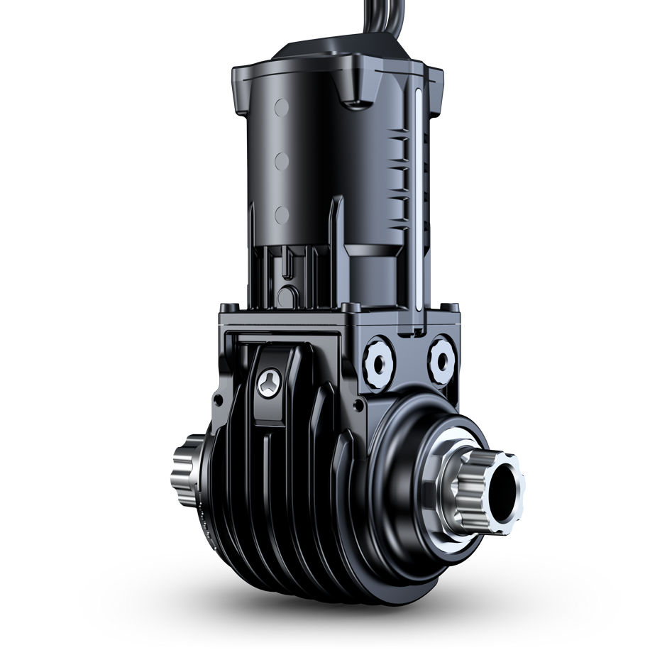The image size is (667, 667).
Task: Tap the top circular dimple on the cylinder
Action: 282,109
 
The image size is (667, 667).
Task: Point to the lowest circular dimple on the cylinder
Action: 282,214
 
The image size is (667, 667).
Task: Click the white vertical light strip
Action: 418,206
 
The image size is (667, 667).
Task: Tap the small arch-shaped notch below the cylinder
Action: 288,294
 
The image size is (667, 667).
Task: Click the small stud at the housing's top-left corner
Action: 225,308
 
